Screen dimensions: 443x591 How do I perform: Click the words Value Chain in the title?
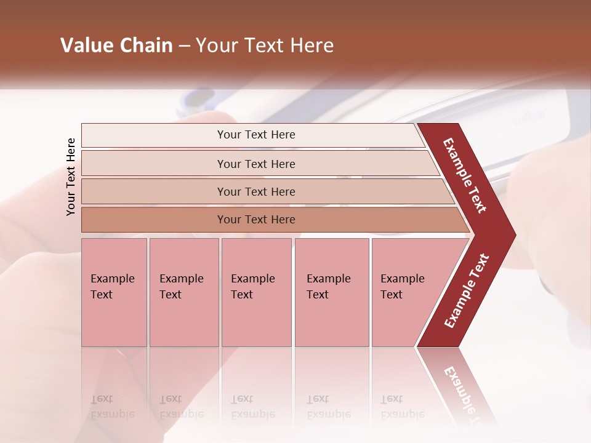tap(116, 46)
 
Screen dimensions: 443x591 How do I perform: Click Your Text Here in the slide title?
tap(265, 46)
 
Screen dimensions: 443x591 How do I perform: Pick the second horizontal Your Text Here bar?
tap(256, 164)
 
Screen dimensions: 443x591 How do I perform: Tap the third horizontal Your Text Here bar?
tap(256, 191)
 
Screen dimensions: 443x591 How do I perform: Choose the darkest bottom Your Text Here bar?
tap(256, 220)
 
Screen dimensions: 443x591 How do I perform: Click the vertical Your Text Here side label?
tap(71, 177)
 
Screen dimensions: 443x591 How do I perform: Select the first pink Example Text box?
tap(114, 292)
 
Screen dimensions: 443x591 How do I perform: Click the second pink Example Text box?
tap(183, 292)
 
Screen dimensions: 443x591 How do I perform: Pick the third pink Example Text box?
tap(256, 292)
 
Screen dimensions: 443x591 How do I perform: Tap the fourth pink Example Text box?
tap(331, 292)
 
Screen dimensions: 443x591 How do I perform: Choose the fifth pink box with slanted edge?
tap(406, 292)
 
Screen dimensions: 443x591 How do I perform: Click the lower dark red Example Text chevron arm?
tap(466, 290)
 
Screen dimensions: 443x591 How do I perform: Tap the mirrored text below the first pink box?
tap(112, 407)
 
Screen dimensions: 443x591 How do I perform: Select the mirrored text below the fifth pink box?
tap(402, 407)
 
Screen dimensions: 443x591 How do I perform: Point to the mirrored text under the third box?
tap(252, 407)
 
